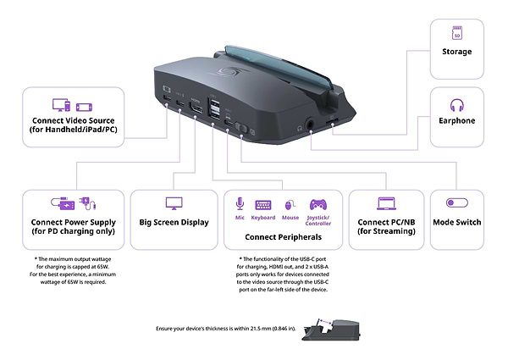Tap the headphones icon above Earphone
click(457, 105)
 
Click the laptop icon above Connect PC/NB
click(387, 204)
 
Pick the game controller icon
click(318, 204)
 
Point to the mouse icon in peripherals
click(289, 205)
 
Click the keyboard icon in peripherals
click(263, 205)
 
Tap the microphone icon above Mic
click(240, 204)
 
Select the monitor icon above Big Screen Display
click(174, 204)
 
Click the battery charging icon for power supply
click(65, 203)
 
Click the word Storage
click(457, 53)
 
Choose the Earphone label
click(457, 121)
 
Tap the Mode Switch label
click(457, 223)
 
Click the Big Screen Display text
click(174, 223)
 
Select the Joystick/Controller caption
click(318, 221)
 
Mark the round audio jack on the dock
click(315, 124)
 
